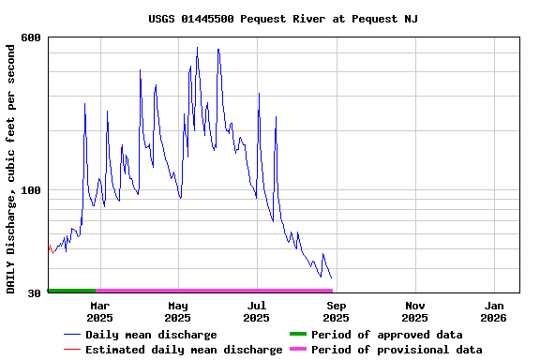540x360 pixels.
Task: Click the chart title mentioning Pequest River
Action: pyautogui.click(x=283, y=19)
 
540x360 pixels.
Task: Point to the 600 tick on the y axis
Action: pyautogui.click(x=31, y=37)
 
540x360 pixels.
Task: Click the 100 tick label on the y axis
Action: pyautogui.click(x=31, y=190)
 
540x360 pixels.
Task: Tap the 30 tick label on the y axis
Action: pyautogui.click(x=35, y=293)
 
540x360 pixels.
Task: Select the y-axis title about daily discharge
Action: pyautogui.click(x=11, y=166)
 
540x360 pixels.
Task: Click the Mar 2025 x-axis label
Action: pyautogui.click(x=99, y=311)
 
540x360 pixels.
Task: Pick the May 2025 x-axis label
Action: pyautogui.click(x=178, y=311)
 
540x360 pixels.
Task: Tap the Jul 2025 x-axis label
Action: pyautogui.click(x=257, y=311)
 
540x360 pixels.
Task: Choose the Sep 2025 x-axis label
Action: pyautogui.click(x=336, y=311)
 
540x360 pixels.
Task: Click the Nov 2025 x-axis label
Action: pyautogui.click(x=414, y=311)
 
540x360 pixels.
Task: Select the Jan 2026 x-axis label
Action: pyautogui.click(x=493, y=311)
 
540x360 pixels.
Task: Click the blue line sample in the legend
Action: pyautogui.click(x=71, y=335)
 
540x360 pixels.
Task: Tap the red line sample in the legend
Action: pyautogui.click(x=71, y=350)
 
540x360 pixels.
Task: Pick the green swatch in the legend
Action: pyautogui.click(x=298, y=335)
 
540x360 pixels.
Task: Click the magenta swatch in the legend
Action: pyautogui.click(x=298, y=350)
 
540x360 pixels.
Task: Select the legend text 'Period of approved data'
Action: pyautogui.click(x=386, y=335)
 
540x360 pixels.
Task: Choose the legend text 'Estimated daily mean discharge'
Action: pyautogui.click(x=184, y=350)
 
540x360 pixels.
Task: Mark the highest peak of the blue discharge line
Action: pyautogui.click(x=197, y=47)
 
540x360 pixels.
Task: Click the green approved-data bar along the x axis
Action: pyautogui.click(x=71, y=291)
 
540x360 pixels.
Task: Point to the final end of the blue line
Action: pyautogui.click(x=331, y=277)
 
